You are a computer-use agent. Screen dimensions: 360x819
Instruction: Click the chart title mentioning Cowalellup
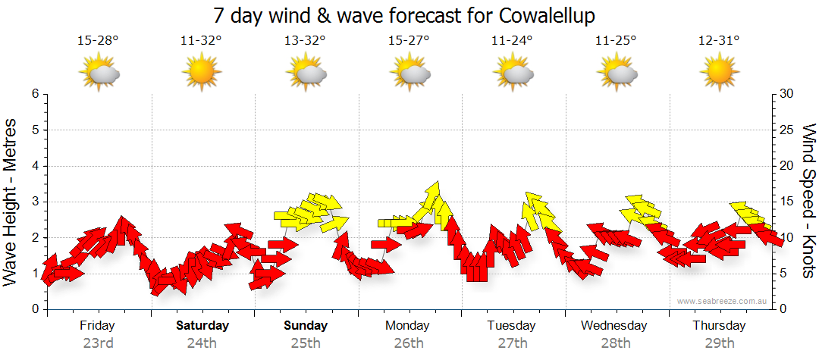point(409,15)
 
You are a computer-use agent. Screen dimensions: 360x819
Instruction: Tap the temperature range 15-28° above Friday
point(98,41)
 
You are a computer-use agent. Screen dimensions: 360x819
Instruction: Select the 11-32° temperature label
point(202,41)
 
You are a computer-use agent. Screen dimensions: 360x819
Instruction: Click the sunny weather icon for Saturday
point(202,74)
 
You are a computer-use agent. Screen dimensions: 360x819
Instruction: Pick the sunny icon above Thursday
point(719,74)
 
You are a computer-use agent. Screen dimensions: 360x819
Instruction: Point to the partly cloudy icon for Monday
point(409,74)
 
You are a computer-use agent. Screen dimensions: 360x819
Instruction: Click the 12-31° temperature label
point(719,41)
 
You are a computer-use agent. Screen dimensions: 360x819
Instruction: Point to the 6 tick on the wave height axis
point(34,94)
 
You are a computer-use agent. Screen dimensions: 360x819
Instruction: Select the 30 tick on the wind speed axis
point(787,94)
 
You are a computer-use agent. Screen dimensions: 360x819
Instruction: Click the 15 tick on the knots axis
point(787,202)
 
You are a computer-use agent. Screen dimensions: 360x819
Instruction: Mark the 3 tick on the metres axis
point(34,202)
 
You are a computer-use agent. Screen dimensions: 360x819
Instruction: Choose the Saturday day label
point(202,326)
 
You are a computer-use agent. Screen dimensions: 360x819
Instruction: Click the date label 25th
point(306,343)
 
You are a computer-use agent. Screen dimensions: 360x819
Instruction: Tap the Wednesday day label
point(614,326)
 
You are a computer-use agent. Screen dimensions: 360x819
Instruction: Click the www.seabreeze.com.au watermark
point(723,302)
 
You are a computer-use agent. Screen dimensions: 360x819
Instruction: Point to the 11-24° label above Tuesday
point(512,41)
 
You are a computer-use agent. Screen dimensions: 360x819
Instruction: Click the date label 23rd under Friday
point(98,343)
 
